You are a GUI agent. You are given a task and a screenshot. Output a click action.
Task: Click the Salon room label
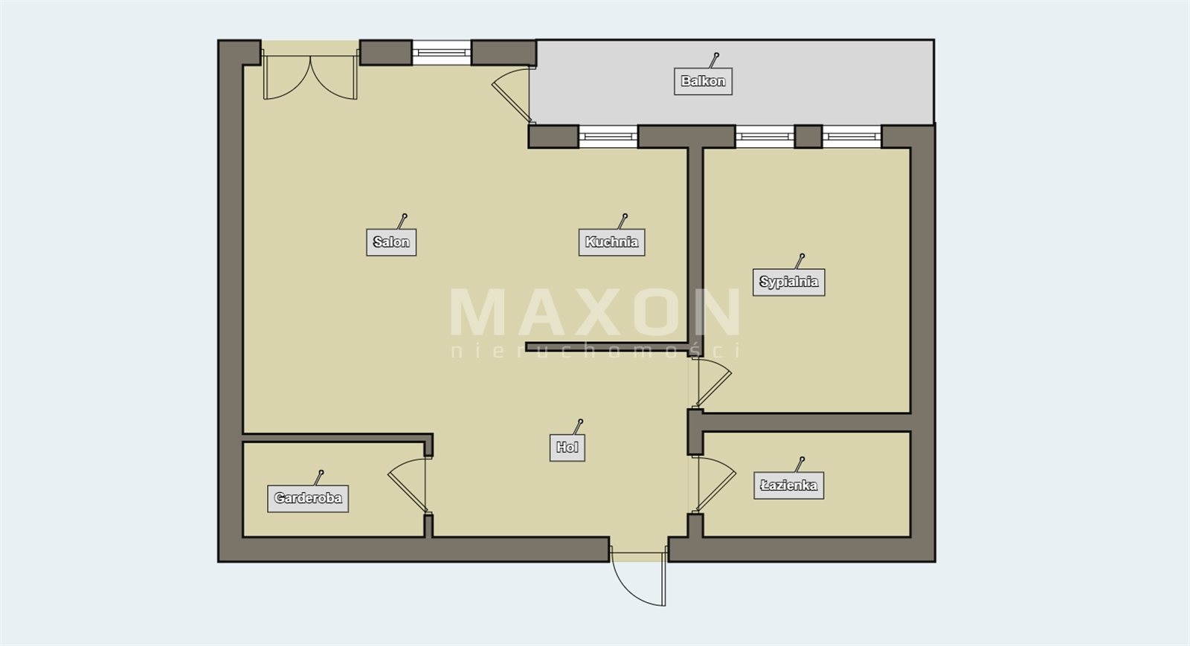point(391,242)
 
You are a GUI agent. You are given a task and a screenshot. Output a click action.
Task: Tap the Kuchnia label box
point(611,242)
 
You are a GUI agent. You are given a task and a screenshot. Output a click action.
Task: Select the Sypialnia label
point(789,282)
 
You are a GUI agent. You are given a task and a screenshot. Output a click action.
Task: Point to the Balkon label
point(703,81)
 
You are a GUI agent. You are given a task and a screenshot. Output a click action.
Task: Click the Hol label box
point(567,448)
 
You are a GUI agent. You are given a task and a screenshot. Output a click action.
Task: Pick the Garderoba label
point(308,498)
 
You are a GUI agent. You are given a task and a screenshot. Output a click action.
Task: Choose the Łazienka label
point(789,485)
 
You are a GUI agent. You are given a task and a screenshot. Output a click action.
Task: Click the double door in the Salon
point(310,77)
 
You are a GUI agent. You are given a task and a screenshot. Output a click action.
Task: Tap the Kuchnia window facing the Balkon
point(608,137)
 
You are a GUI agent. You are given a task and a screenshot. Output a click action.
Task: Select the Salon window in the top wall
point(442,53)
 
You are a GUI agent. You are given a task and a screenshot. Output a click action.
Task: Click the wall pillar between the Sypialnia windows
point(808,137)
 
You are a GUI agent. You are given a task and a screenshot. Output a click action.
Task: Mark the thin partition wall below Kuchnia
point(607,347)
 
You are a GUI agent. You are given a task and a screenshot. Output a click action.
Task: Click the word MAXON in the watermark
point(595,312)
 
